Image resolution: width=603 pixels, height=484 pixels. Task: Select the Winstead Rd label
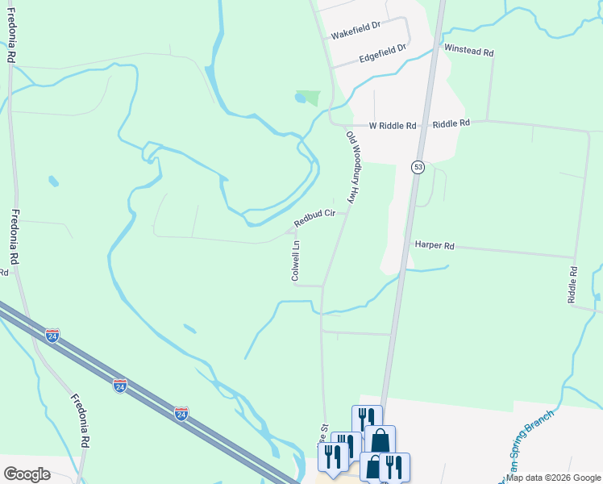[468, 51]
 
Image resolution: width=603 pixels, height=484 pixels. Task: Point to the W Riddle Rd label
[393, 126]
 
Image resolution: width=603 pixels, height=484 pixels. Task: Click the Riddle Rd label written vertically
[573, 284]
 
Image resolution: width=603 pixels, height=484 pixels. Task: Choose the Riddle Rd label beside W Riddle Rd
[451, 124]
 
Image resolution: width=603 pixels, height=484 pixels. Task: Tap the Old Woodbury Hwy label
[351, 168]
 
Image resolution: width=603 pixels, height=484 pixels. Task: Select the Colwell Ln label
[296, 261]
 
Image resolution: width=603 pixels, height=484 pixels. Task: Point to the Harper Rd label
[435, 244]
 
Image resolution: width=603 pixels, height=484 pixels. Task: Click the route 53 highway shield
[418, 167]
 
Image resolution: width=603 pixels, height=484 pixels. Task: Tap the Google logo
[27, 474]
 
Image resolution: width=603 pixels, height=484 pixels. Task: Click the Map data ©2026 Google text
[554, 478]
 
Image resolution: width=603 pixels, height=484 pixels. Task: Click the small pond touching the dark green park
[300, 99]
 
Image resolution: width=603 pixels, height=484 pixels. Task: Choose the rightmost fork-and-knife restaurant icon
[394, 465]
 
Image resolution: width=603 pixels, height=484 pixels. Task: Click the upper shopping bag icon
[380, 439]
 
